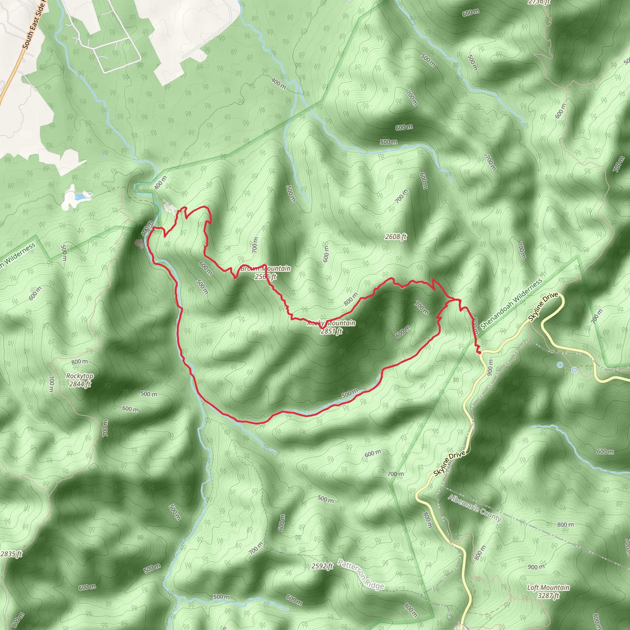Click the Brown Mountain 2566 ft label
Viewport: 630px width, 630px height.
pos(265,272)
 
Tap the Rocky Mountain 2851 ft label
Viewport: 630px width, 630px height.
pos(331,327)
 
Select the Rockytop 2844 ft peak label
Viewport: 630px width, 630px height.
pos(80,380)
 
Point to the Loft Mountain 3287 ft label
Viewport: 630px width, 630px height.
pos(548,592)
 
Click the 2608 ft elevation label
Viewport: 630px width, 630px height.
pos(396,237)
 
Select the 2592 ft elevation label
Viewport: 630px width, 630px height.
pos(322,566)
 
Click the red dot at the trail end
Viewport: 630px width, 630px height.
pos(479,352)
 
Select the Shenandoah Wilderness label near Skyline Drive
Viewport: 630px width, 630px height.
pos(511,304)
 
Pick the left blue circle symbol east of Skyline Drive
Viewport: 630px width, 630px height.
pos(560,365)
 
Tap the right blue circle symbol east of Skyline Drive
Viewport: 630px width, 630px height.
pos(574,370)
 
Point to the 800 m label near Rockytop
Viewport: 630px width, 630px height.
pos(80,362)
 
